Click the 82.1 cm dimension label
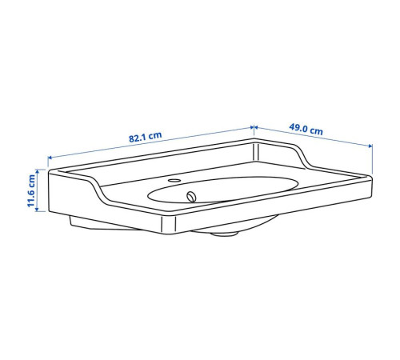(x=146, y=137)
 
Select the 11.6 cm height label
(x=31, y=190)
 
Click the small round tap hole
(x=174, y=180)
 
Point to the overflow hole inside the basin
(x=191, y=197)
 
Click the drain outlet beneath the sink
(x=224, y=234)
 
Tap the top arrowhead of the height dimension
(x=37, y=171)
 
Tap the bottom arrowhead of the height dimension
(x=37, y=210)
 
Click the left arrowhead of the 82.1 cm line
(x=50, y=158)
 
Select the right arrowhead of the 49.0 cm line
(x=370, y=146)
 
